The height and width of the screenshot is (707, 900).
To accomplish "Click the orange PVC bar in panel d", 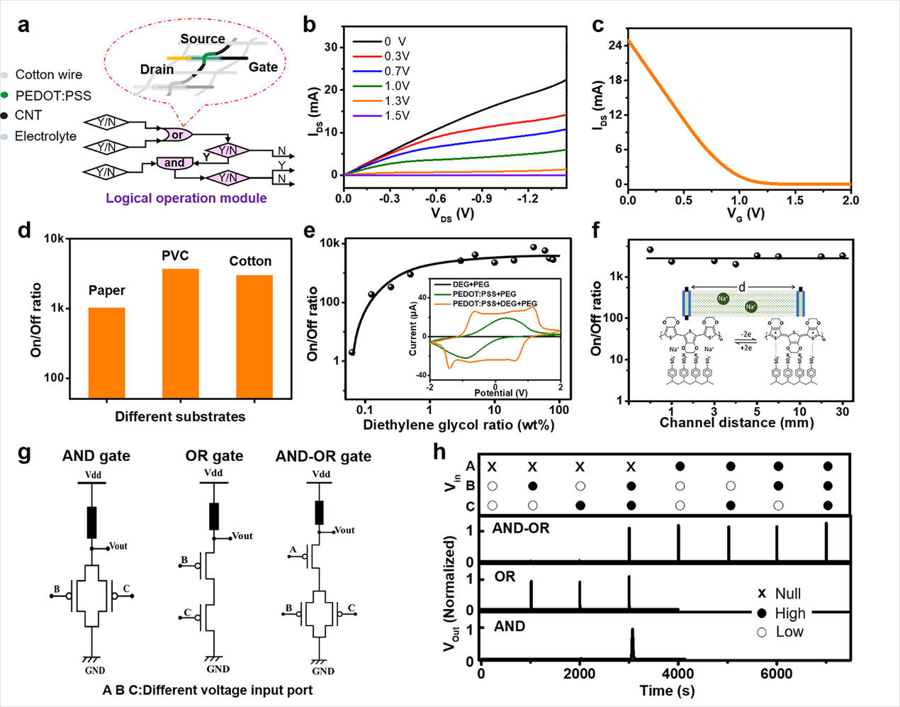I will [x=180, y=333].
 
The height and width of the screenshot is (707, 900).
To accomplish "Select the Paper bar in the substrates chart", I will [x=106, y=352].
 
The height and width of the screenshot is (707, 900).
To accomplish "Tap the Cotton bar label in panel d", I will [x=250, y=262].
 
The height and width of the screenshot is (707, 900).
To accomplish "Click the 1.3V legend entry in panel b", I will [x=396, y=101].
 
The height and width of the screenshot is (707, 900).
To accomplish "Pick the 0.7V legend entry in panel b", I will [x=396, y=71].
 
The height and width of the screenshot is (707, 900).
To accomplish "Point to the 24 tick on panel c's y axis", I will [x=614, y=45].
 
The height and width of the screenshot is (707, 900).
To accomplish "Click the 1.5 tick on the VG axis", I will [x=794, y=201].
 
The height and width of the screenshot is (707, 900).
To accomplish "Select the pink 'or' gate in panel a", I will [x=176, y=135].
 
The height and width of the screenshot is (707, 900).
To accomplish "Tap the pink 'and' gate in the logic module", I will [x=174, y=163].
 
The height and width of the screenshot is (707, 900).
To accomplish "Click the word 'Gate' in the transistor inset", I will [x=263, y=67].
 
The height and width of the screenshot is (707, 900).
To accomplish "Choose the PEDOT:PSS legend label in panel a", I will [x=53, y=96].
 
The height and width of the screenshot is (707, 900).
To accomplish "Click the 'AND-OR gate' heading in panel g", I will [x=323, y=456].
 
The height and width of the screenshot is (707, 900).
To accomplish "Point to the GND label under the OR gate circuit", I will [x=218, y=669].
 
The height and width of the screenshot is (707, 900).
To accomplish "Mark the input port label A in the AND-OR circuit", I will [x=293, y=550].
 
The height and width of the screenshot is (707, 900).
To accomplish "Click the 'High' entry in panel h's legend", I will [x=790, y=613].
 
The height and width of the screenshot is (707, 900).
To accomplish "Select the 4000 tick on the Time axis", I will [x=678, y=674].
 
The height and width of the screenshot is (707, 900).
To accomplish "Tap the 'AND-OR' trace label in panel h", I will [x=521, y=528].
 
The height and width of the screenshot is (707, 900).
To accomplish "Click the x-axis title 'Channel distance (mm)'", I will [x=736, y=423].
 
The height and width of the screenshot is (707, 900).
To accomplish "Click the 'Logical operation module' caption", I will [x=186, y=199].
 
